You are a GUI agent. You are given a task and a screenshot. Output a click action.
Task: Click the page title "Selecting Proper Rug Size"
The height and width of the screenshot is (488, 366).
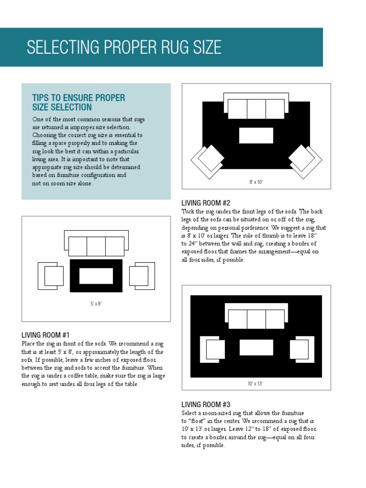tap(124, 47)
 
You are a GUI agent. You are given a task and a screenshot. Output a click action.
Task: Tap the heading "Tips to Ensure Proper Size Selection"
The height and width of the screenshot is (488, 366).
tap(79, 102)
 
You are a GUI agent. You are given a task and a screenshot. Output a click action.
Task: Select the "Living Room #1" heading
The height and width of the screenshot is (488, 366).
tap(46, 335)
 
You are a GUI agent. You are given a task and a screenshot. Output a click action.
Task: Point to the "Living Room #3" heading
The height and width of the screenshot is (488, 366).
tap(206, 405)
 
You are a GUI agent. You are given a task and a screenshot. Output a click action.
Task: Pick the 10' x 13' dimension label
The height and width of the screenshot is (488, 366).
tap(255, 384)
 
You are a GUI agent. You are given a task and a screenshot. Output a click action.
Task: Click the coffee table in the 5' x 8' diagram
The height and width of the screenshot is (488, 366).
tap(96, 276)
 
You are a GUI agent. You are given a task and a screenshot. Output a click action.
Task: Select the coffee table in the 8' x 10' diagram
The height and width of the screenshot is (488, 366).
tap(256, 135)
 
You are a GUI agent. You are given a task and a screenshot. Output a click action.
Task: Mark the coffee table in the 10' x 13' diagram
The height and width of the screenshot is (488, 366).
tap(256, 347)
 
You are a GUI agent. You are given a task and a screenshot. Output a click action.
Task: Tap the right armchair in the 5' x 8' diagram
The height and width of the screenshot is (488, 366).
tap(142, 276)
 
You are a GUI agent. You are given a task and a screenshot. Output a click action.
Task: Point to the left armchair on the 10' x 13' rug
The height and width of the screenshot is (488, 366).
tap(213, 349)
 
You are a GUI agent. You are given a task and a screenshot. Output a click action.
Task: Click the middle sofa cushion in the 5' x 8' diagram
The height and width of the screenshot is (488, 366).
tap(96, 246)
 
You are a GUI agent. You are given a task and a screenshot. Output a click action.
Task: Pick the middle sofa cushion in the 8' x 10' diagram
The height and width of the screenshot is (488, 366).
tap(256, 109)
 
